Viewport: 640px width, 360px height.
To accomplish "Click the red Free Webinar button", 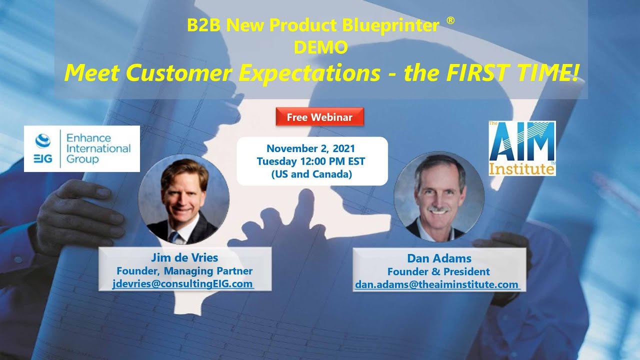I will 319,117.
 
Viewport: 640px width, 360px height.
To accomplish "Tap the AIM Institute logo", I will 522,148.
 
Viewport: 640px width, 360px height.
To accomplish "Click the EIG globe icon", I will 42,141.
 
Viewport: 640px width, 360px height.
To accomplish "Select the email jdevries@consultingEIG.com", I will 183,284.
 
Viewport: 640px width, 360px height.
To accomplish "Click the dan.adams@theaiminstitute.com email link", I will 436,284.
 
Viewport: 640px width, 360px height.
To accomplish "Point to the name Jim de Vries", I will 184,258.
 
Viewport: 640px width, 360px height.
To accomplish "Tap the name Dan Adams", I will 439,258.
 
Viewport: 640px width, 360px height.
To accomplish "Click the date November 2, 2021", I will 311,148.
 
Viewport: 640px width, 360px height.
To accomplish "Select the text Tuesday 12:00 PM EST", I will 311,161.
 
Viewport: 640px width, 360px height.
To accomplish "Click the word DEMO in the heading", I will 320,47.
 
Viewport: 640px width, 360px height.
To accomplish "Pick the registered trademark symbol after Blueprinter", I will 450,21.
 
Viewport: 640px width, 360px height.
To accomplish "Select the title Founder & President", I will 439,272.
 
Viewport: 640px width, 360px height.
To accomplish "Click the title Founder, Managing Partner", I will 184,271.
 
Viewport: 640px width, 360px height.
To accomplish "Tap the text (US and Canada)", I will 311,175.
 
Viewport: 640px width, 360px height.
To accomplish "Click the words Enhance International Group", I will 98,148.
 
